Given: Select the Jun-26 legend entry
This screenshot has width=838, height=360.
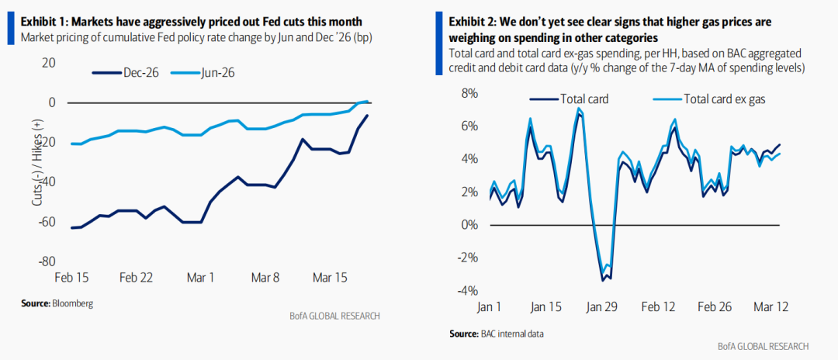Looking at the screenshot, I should (218, 72).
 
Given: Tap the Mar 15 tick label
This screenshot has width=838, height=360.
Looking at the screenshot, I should (329, 277).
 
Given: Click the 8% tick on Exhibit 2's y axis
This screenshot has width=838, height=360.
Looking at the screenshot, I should (470, 93).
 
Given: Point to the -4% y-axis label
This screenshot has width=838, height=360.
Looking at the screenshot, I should (468, 291).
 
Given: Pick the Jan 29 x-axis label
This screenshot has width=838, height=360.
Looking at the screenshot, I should (600, 306).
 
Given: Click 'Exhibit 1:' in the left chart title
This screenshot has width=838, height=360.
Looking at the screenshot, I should (43, 21).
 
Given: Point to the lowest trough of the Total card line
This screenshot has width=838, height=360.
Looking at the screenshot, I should (603, 279).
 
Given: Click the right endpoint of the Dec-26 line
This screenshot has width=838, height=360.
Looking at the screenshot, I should (367, 116).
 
